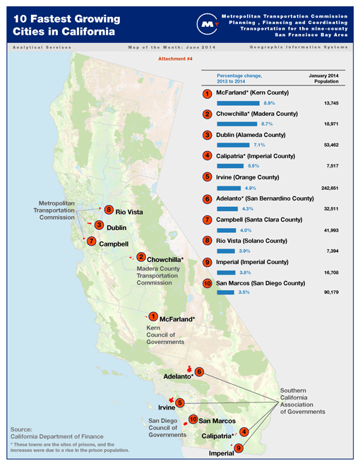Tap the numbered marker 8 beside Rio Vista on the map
coord(108,210)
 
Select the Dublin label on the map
coord(116,227)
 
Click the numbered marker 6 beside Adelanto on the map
coord(199,372)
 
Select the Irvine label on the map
coord(167,408)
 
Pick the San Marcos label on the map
coord(217,421)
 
